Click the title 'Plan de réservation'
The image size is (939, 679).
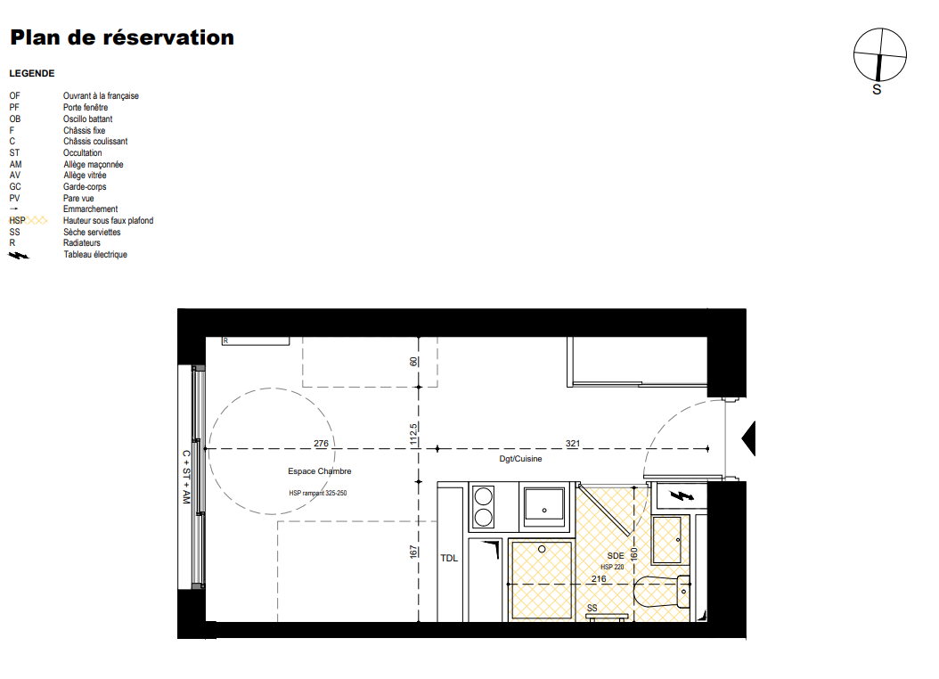point(122,37)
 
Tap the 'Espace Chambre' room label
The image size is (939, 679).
point(320,471)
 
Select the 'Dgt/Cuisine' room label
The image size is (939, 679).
point(520,459)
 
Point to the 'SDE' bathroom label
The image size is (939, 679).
point(616,556)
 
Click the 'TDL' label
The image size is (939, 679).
point(449,558)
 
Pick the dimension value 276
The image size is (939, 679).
point(321,444)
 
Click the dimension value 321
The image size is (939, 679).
point(573,444)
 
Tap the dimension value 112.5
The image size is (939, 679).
point(413,434)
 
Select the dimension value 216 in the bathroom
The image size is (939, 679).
point(599,579)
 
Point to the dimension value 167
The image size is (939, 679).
point(413,552)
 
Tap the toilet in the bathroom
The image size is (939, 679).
point(662,592)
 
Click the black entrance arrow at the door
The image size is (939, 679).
point(748,439)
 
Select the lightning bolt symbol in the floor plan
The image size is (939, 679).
point(682,495)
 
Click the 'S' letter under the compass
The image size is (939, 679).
point(877,90)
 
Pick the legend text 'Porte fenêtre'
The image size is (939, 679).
point(86,107)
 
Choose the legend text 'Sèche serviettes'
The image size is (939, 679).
point(93,233)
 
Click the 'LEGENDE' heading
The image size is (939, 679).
point(32,74)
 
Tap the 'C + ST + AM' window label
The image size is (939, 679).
point(186,478)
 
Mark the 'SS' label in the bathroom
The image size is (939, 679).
point(592,608)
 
